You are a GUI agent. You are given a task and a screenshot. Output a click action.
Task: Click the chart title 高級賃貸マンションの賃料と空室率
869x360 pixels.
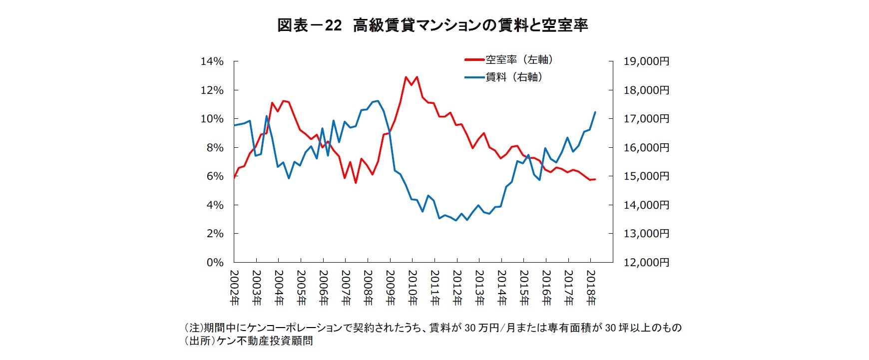click(x=470, y=25)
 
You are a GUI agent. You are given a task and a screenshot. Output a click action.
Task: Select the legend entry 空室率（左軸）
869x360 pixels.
click(x=519, y=60)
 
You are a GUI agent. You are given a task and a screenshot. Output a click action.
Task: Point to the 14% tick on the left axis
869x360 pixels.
click(x=212, y=61)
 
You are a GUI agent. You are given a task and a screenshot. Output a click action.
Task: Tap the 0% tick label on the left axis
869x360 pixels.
click(x=215, y=263)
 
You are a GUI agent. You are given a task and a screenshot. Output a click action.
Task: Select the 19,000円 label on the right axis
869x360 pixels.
click(x=646, y=61)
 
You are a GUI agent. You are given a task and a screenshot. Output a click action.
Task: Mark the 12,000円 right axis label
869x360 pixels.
click(x=646, y=263)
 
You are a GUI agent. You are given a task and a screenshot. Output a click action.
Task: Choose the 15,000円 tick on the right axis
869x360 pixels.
click(x=646, y=176)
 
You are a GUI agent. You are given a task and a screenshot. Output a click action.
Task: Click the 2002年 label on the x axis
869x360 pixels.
click(x=234, y=287)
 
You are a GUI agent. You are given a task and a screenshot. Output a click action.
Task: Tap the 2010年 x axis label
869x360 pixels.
click(x=413, y=287)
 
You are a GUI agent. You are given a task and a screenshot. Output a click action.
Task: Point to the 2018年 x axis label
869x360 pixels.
click(x=591, y=287)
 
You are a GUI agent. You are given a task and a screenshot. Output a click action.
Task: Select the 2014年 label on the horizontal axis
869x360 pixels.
click(x=501, y=287)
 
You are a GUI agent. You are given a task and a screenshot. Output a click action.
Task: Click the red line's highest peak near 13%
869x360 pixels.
click(x=406, y=77)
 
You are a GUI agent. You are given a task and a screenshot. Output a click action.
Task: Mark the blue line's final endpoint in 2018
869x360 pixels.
click(x=595, y=112)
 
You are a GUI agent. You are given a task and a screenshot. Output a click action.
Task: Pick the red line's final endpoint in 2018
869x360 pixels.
click(x=595, y=179)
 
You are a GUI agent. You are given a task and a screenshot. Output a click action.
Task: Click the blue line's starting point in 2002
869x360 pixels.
click(x=234, y=125)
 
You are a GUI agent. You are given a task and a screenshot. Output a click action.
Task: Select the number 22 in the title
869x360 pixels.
click(x=333, y=25)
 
